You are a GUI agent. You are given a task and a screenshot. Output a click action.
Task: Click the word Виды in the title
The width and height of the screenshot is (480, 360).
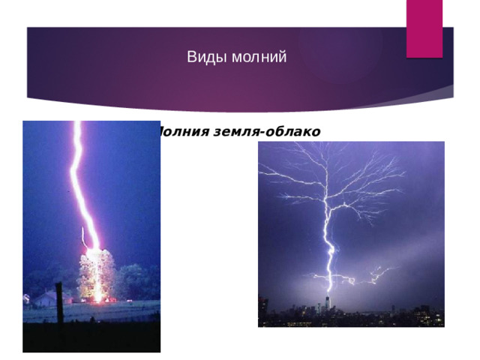click(x=202, y=57)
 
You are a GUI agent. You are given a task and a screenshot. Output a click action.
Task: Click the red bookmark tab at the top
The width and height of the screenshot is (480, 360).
click(x=424, y=26)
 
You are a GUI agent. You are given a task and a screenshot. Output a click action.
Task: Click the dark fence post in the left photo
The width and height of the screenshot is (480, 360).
click(x=58, y=304)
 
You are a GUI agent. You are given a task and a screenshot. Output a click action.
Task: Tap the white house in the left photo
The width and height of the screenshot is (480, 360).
click(x=43, y=298)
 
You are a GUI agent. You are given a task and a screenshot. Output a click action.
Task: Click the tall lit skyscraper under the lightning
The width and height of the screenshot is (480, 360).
click(x=328, y=304)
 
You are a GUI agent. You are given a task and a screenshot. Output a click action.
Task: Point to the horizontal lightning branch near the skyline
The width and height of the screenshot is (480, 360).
click(x=352, y=280)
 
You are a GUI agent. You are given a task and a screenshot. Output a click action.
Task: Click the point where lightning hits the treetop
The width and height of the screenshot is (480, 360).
click(x=93, y=250)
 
